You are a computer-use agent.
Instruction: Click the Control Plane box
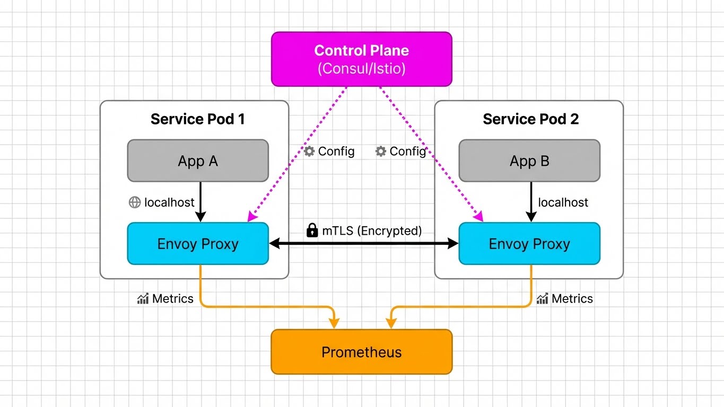click(361, 59)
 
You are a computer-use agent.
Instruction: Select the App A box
click(198, 161)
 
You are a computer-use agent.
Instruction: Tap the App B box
click(529, 161)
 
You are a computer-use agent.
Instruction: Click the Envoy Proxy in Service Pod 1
click(198, 244)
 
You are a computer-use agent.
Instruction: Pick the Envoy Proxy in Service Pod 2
click(529, 244)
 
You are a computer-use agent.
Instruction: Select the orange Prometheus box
click(361, 352)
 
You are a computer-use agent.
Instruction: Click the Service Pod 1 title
click(197, 119)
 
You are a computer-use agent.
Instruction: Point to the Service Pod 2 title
click(530, 119)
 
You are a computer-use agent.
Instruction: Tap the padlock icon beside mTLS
click(312, 230)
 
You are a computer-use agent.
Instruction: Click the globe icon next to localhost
click(135, 202)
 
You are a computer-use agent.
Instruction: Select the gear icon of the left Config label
click(309, 152)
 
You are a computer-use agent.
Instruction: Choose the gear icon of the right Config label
click(380, 152)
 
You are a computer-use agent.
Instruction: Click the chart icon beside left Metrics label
click(143, 299)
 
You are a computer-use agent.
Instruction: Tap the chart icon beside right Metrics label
click(542, 299)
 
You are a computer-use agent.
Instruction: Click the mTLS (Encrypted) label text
click(371, 231)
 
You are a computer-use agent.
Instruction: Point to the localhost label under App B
click(563, 202)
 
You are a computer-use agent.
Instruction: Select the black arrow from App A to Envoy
click(200, 201)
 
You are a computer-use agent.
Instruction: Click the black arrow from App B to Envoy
click(531, 201)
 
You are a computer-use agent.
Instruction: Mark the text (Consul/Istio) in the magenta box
click(361, 68)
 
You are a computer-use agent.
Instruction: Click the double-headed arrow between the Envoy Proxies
click(363, 244)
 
